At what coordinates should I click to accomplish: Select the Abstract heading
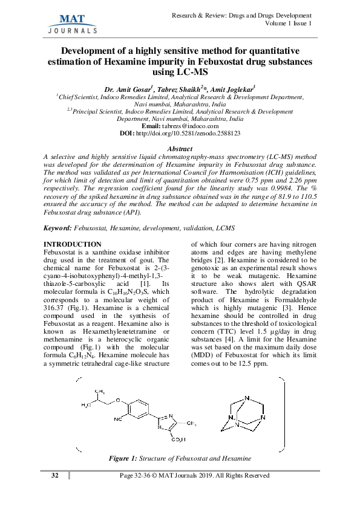tap(179, 149)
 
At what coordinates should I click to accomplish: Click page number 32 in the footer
tap(54, 476)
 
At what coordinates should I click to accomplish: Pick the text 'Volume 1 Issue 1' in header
tap(289, 23)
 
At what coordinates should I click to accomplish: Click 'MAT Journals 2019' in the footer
tap(191, 476)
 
